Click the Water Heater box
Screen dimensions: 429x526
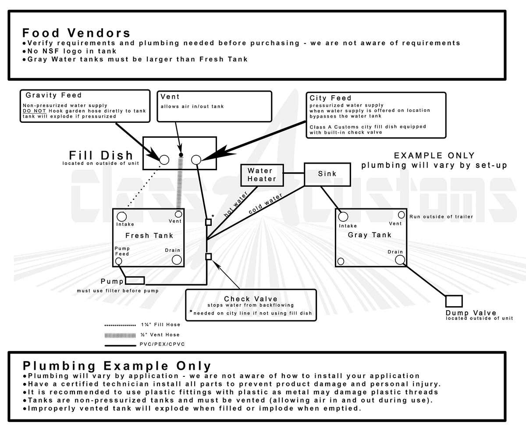262,175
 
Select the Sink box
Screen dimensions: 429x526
327,174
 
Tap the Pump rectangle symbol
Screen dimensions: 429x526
135,280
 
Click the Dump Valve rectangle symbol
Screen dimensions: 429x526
454,301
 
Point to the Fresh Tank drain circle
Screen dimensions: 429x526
177,260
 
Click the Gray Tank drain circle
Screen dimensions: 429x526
399,260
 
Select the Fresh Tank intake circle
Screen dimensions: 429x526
122,216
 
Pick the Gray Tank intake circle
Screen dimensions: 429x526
343,217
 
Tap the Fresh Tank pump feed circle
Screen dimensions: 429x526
119,261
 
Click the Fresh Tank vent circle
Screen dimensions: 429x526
178,214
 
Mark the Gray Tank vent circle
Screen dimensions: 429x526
401,215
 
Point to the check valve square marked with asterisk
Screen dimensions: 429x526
208,222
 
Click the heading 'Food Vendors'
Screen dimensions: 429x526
76,33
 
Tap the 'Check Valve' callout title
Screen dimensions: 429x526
250,299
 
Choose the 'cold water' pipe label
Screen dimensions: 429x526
266,204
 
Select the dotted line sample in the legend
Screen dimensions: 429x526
120,325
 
